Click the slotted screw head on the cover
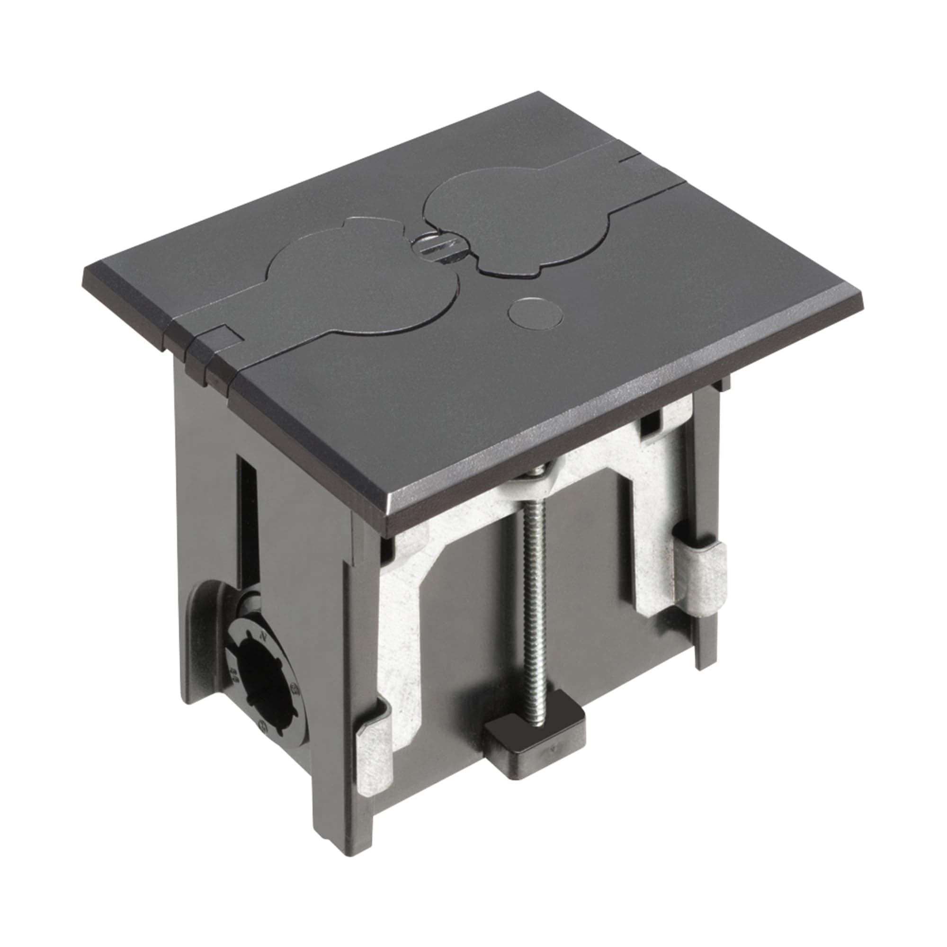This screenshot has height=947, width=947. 431,245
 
